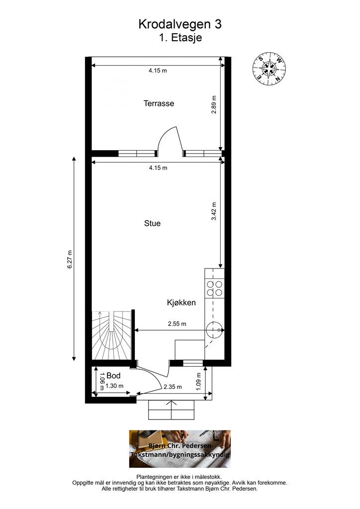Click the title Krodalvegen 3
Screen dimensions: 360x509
180,24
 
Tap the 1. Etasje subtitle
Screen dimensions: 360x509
180,37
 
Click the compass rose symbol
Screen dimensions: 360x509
269,69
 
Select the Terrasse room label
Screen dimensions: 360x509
159,103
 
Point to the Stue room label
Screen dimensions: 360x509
152,223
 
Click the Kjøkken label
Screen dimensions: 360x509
181,303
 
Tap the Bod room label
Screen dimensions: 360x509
113,376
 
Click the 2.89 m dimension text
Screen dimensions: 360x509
214,104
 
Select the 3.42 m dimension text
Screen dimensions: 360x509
214,211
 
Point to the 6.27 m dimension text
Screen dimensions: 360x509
70,259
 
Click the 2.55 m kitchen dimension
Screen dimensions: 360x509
177,324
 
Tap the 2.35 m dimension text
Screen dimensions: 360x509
173,387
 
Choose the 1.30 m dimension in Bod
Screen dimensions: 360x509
114,386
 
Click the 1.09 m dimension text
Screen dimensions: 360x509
199,381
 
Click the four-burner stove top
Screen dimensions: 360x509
215,289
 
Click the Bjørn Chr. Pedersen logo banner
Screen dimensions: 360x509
180,449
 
